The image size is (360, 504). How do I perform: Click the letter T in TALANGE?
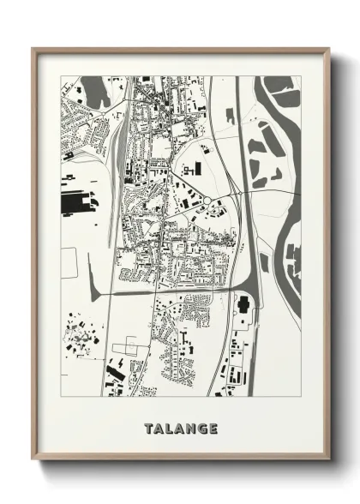[148, 428]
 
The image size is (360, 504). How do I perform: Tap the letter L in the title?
[170, 428]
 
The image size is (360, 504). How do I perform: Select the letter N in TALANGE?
[189, 428]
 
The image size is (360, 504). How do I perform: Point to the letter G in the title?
[201, 428]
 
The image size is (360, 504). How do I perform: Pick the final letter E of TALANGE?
[213, 428]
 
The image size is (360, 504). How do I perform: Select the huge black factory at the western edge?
[77, 203]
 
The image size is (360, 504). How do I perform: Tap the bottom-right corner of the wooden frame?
[328, 459]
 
